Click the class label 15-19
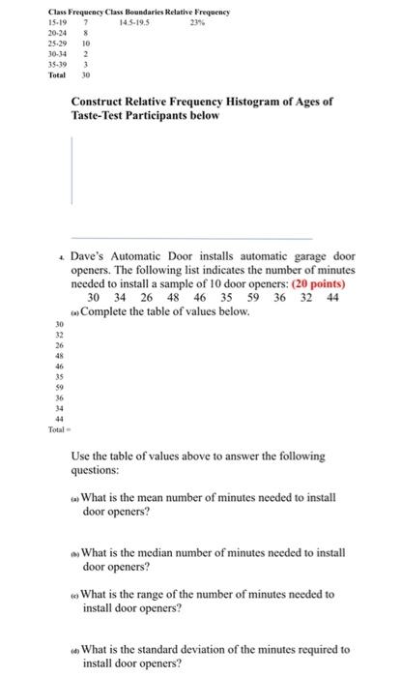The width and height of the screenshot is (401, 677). pyautogui.click(x=32, y=20)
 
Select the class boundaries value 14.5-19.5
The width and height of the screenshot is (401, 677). pyautogui.click(x=132, y=20)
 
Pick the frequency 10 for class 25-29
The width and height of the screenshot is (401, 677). pyautogui.click(x=86, y=44)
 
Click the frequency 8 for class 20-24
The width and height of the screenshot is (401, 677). pyautogui.click(x=86, y=32)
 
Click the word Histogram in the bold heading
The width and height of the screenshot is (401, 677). pyautogui.click(x=243, y=102)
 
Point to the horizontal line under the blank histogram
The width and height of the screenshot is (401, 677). pyautogui.click(x=192, y=238)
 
